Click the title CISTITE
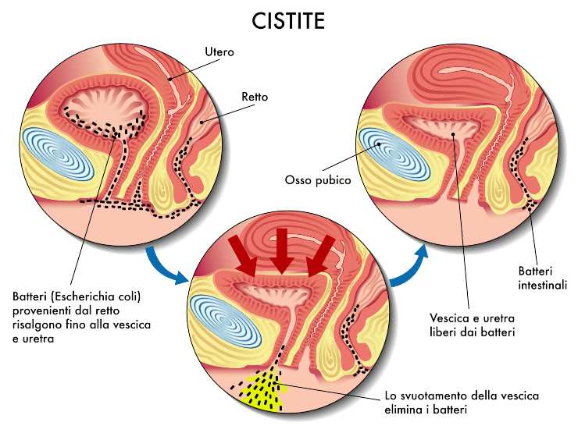(x=288, y=21)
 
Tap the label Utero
(x=219, y=52)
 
